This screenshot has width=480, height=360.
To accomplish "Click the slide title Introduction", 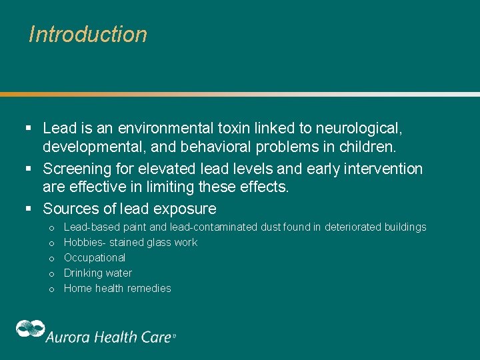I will click(x=88, y=34).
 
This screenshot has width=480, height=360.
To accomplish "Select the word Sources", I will click(x=70, y=209).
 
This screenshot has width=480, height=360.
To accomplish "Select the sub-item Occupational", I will click(x=94, y=258).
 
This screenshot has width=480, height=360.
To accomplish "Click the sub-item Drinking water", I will click(x=97, y=273).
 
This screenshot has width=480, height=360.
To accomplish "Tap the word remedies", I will click(x=153, y=289).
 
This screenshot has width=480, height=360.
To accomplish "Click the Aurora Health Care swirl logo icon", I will click(x=30, y=329).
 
